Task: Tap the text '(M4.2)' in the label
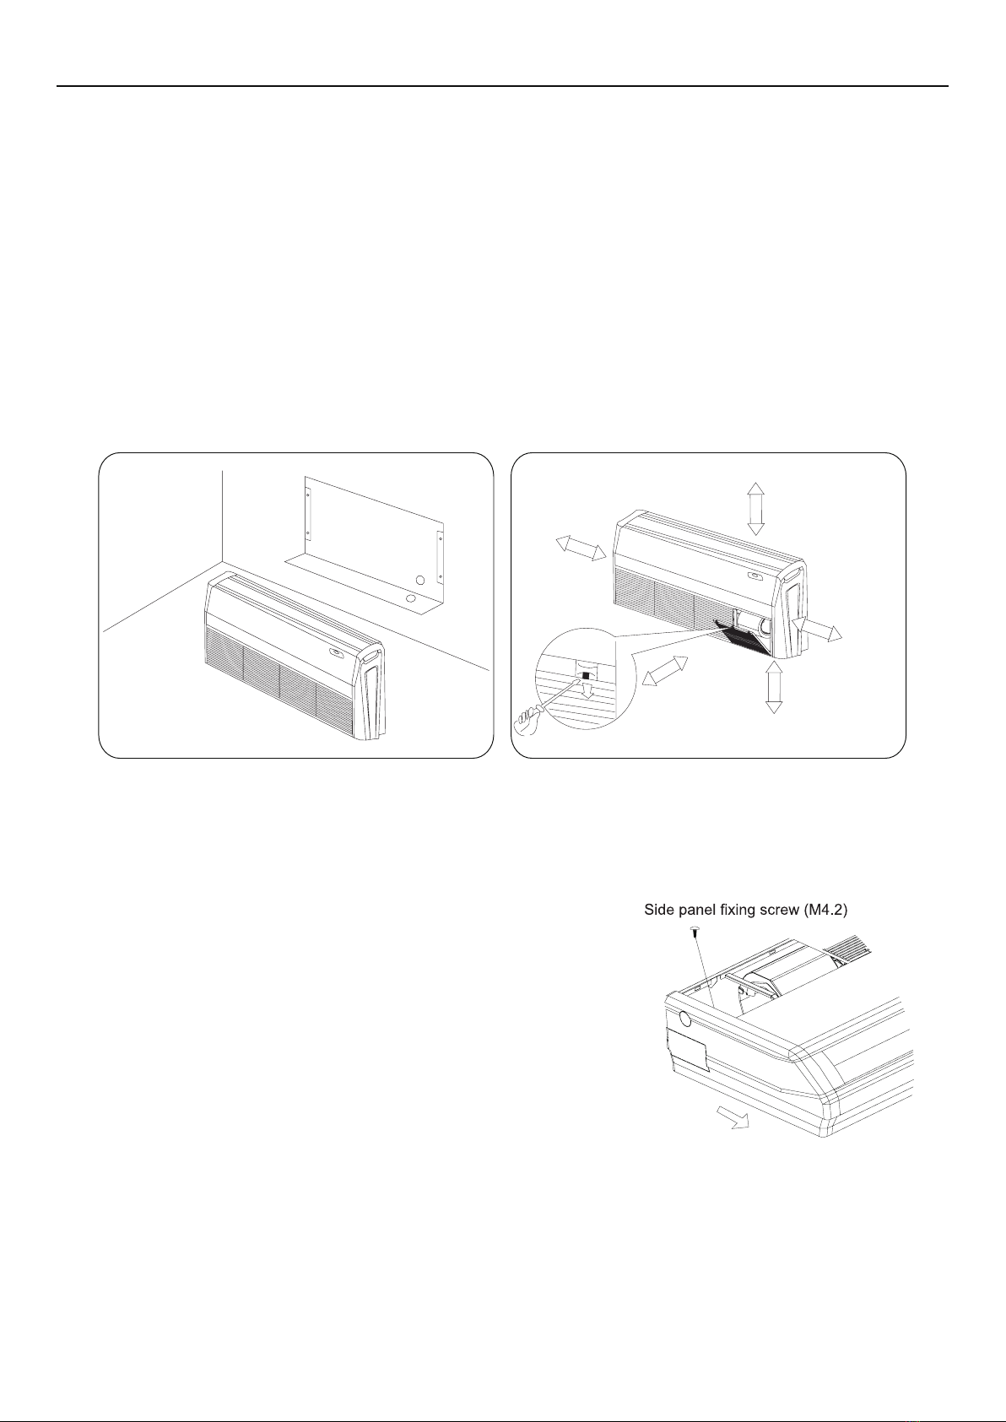pos(825,911)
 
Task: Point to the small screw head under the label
pos(695,932)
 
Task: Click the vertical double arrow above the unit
pos(755,509)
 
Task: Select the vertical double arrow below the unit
pos(774,686)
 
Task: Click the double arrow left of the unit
pos(581,548)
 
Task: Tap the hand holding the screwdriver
pos(525,722)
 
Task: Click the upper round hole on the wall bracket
pos(419,581)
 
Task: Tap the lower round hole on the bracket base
pos(411,598)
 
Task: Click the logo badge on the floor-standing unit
pos(335,652)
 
